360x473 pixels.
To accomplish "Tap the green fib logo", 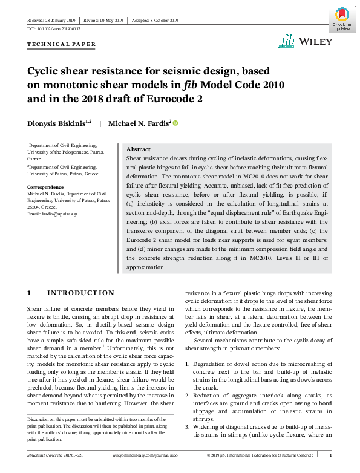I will tap(287, 41).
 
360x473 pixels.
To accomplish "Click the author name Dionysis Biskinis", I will tap(59, 123).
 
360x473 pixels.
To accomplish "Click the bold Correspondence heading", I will tap(45, 187).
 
